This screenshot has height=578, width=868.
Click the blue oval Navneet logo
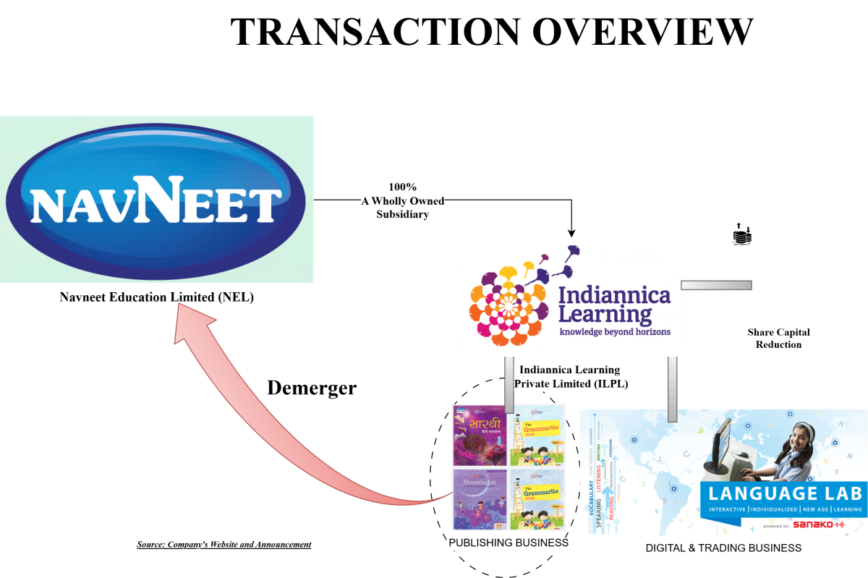click(156, 199)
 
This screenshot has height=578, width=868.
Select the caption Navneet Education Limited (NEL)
click(156, 297)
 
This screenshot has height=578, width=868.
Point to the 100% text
click(403, 187)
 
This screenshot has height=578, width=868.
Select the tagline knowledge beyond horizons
click(615, 331)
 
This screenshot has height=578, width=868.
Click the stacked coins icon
click(742, 234)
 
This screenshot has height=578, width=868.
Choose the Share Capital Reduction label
click(778, 339)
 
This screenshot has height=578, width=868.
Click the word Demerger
click(312, 388)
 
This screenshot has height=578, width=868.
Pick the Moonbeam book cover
click(479, 499)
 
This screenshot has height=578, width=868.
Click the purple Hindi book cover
click(478, 435)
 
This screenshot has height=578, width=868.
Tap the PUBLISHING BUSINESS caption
click(509, 543)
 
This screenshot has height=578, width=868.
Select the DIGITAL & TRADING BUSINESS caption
click(723, 548)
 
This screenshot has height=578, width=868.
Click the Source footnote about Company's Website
click(224, 544)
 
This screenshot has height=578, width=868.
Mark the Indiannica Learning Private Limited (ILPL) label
click(571, 377)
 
